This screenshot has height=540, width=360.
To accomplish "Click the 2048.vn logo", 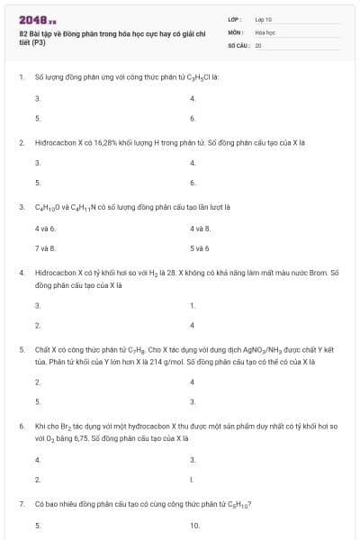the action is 37,19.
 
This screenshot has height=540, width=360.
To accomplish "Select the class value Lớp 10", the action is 263,19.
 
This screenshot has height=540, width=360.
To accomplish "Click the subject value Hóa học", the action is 265,31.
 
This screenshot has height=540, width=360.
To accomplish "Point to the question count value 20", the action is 258,43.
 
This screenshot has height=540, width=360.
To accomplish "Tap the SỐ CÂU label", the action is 238,43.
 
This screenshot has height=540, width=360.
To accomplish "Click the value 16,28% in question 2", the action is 94,143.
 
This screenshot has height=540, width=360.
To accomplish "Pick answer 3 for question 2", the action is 37,164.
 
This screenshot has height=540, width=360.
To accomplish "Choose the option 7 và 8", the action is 45,247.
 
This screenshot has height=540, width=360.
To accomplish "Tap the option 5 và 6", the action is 200,247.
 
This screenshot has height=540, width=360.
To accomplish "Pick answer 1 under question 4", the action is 193,305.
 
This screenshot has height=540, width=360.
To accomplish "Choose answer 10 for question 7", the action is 194,526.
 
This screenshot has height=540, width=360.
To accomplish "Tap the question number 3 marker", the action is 21,206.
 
